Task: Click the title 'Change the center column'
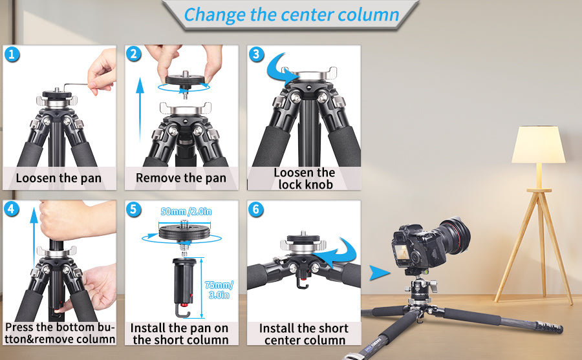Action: pos(291,14)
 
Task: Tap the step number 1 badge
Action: pos(13,54)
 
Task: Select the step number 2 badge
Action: pos(135,54)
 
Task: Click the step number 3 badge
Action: pos(257,54)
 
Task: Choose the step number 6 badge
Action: pos(257,209)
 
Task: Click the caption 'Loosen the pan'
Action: pos(59,178)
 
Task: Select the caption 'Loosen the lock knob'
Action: pos(304,178)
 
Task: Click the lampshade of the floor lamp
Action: pos(538,145)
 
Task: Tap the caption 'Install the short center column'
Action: pos(304,334)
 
